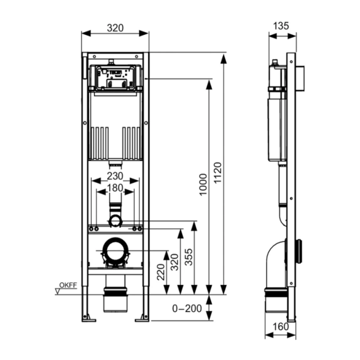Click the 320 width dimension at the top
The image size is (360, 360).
pyautogui.click(x=115, y=28)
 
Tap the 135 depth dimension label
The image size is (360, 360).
pyautogui.click(x=281, y=26)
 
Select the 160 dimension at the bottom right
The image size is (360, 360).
pyautogui.click(x=281, y=326)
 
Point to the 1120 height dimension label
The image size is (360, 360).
pyautogui.click(x=217, y=173)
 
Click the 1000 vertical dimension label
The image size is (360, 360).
pyautogui.click(x=203, y=184)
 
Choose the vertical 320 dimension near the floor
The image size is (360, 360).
pyautogui.click(x=174, y=262)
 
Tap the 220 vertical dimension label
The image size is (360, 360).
pyautogui.click(x=161, y=272)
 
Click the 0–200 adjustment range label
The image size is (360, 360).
pyautogui.click(x=187, y=308)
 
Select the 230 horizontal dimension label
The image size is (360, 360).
pyautogui.click(x=115, y=176)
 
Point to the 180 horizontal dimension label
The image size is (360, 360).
pyautogui.click(x=115, y=188)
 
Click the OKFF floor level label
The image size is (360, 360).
pyautogui.click(x=68, y=285)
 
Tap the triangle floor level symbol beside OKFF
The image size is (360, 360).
pyautogui.click(x=58, y=291)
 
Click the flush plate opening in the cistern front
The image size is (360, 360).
pyautogui.click(x=116, y=78)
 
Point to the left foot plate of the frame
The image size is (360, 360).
pyautogui.click(x=89, y=320)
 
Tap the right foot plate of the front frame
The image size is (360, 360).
pyautogui.click(x=142, y=320)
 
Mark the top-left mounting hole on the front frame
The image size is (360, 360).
pyautogui.click(x=94, y=57)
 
